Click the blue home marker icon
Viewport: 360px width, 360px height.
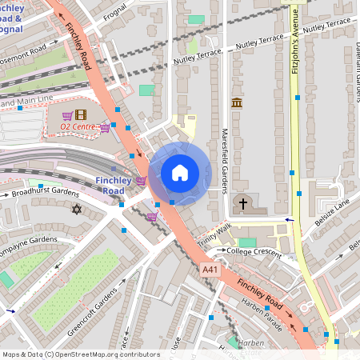point(180,172)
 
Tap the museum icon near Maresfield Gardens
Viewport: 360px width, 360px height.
point(236,102)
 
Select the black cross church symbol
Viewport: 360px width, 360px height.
point(243,204)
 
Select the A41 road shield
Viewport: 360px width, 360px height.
point(210,270)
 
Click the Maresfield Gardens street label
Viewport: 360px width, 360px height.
point(225,160)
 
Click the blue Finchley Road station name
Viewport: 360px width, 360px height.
point(110,186)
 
